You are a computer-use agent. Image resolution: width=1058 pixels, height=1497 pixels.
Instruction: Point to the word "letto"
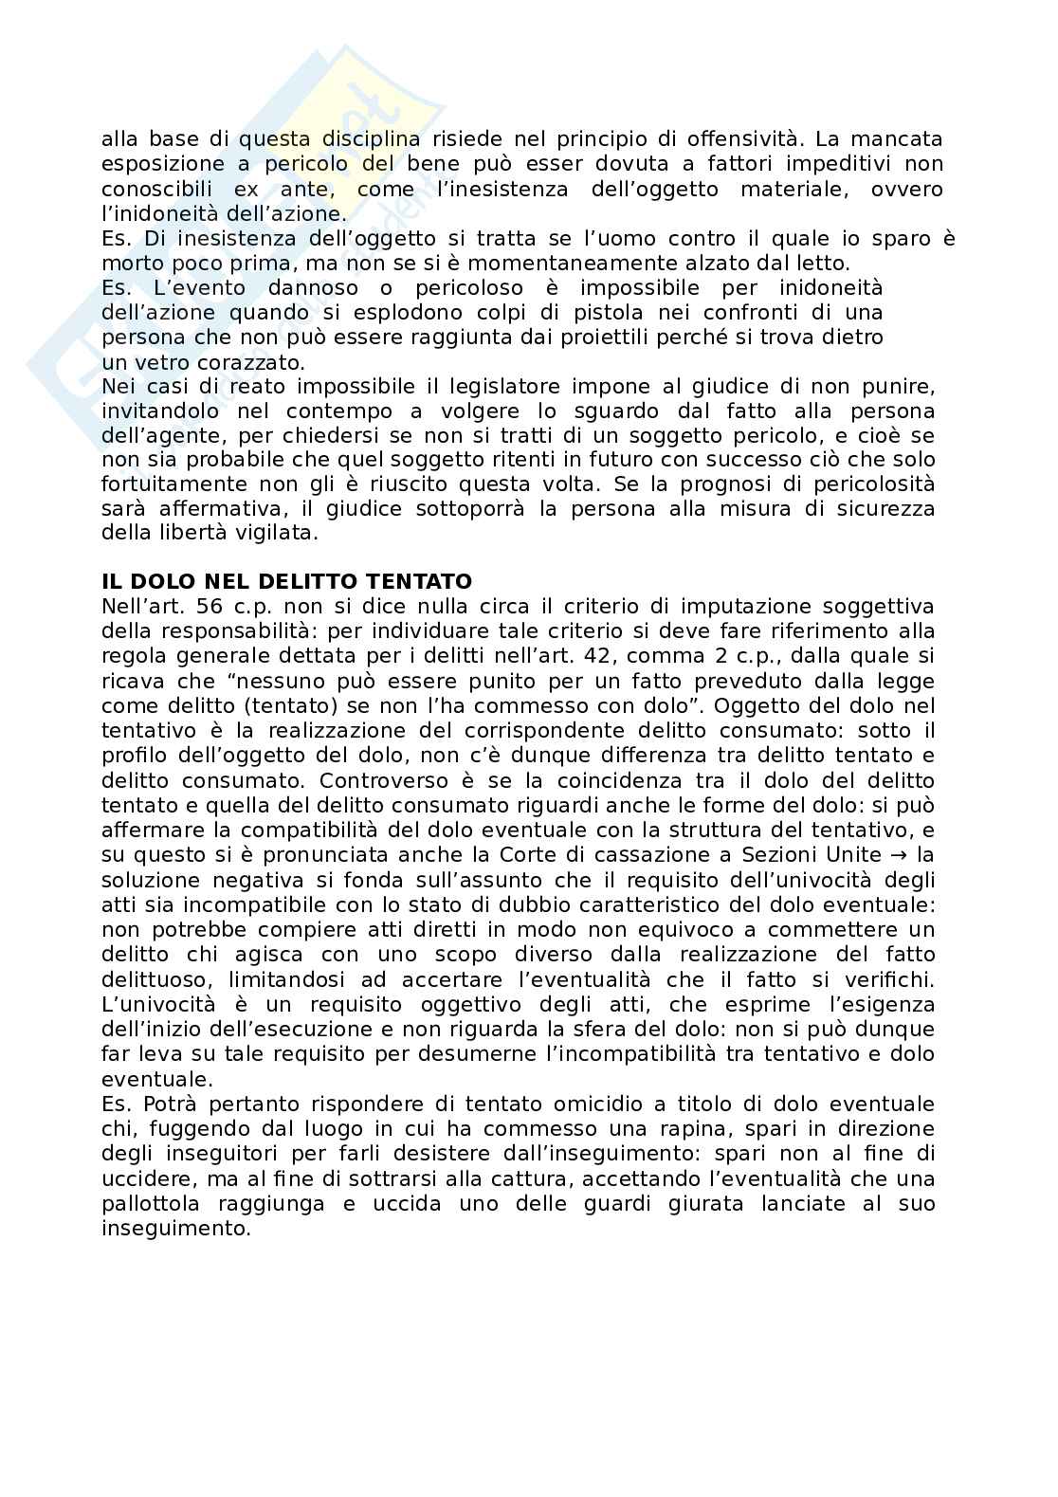[826, 263]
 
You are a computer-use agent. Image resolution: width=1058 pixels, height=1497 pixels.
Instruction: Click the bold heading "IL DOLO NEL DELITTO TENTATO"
[286, 581]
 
